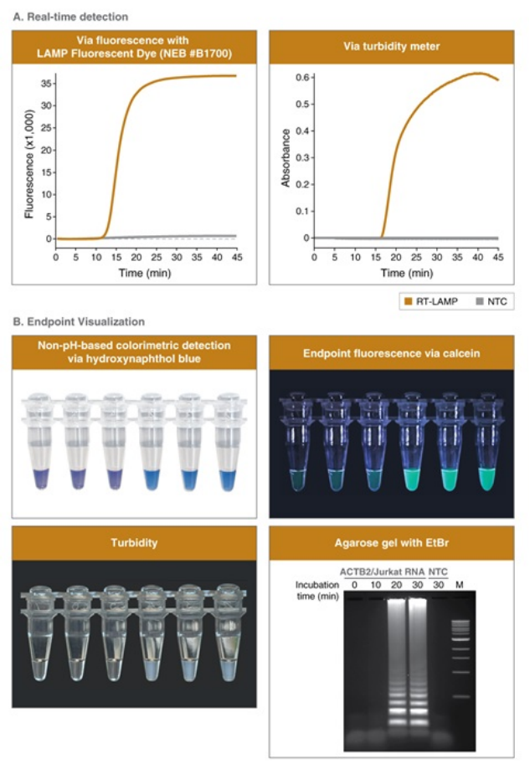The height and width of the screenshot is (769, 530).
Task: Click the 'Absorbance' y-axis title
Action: pyautogui.click(x=286, y=157)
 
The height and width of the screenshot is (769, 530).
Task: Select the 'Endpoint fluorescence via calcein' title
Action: pyautogui.click(x=392, y=351)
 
